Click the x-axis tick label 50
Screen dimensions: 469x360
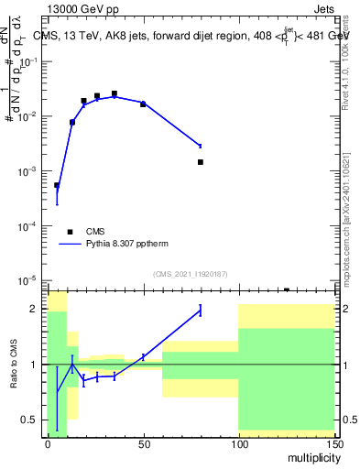(x=143, y=444)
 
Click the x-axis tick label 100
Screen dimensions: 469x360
(x=238, y=444)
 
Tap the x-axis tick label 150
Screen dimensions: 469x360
(x=333, y=444)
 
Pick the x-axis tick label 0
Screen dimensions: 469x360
(x=48, y=444)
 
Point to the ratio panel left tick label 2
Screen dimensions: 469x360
(x=36, y=309)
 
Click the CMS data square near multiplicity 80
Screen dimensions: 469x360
(x=201, y=162)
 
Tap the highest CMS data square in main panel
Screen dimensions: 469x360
(x=115, y=93)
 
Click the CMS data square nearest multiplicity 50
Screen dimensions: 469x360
(x=143, y=104)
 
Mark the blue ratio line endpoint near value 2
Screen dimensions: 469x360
(x=201, y=311)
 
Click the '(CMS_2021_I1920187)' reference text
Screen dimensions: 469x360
(x=190, y=273)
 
